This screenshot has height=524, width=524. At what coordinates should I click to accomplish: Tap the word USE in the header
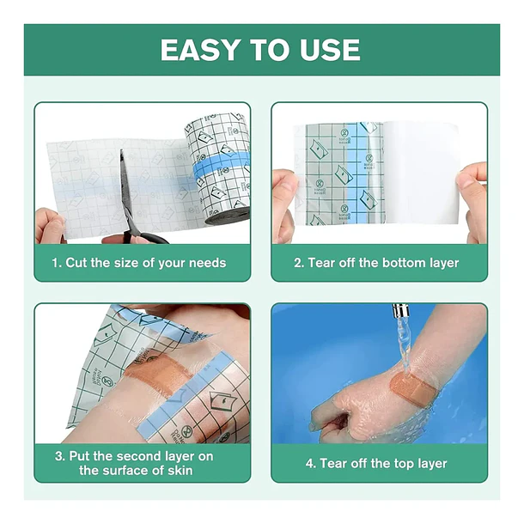[x=330, y=50]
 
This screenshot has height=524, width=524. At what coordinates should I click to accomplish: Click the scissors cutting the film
[x=137, y=200]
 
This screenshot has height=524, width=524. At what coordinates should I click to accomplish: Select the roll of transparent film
[x=217, y=168]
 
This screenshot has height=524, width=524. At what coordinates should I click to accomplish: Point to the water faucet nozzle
[x=399, y=310]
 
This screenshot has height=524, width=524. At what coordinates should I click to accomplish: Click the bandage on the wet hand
[x=413, y=388]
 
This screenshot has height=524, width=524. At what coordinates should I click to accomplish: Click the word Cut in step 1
[x=76, y=263]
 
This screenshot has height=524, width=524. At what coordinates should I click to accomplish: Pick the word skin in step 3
[x=180, y=471]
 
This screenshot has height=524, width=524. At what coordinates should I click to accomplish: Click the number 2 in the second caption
[x=298, y=263]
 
